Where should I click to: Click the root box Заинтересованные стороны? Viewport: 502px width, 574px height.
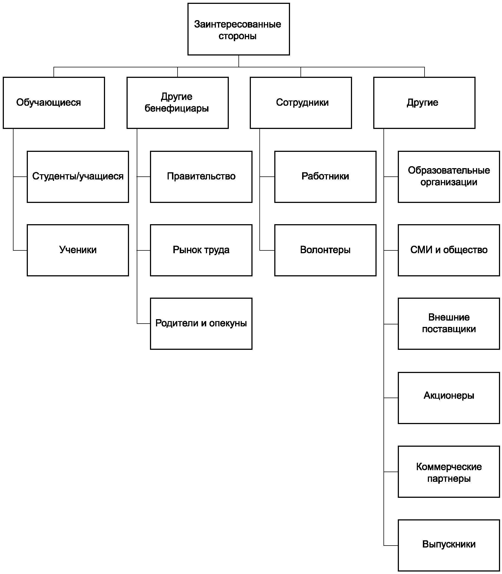click(238, 29)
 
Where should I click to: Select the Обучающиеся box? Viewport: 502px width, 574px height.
click(54, 103)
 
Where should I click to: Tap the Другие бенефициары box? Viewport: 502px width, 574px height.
click(178, 103)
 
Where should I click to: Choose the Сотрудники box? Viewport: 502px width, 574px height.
click(301, 103)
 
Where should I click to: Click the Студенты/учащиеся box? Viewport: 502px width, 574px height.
click(78, 177)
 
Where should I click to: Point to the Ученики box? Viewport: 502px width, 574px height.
click(78, 250)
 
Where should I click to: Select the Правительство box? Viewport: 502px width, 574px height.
click(201, 177)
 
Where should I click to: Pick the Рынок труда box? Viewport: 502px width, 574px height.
click(201, 250)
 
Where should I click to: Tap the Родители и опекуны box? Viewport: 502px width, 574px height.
click(201, 324)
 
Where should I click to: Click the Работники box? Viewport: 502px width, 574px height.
click(325, 177)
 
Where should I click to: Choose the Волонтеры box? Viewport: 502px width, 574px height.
click(325, 250)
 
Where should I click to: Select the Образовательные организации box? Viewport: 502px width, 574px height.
click(449, 177)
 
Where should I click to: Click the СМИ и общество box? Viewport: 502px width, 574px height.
click(449, 250)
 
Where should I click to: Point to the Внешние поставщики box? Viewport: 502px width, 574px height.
click(449, 324)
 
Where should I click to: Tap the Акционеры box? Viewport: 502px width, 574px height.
click(449, 398)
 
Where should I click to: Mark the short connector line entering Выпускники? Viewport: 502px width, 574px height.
click(391, 545)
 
